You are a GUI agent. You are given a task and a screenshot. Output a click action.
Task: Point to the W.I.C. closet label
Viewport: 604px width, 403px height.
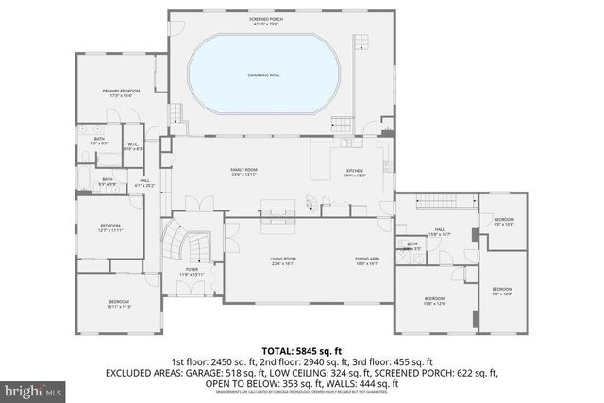point(134,146)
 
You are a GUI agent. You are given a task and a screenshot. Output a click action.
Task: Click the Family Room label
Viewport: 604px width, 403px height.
point(243,172)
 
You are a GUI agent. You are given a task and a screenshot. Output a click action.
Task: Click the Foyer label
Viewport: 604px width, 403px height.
point(193,271)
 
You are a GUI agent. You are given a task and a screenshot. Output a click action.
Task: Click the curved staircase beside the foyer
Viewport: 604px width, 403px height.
point(176,243)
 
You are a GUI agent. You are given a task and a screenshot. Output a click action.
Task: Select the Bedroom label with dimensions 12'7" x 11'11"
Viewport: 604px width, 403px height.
point(110,227)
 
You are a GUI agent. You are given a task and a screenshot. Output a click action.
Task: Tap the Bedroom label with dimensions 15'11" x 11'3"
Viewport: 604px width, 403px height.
point(118,304)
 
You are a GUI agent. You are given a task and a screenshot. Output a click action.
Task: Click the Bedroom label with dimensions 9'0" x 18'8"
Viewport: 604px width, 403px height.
point(502,291)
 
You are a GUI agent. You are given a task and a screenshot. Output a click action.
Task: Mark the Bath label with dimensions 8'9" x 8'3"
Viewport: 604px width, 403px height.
point(98,141)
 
